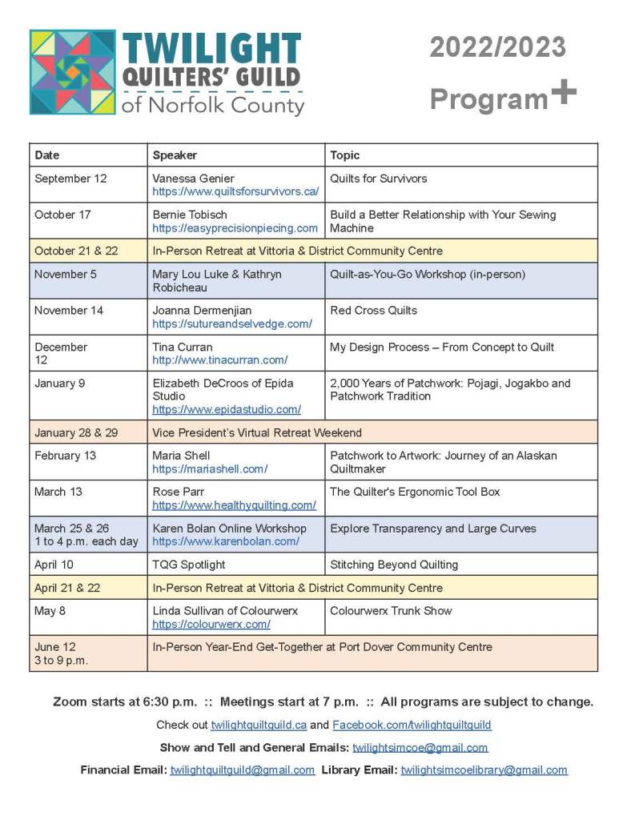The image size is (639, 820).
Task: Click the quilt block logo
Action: tap(72, 72)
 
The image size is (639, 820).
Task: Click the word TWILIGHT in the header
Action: tap(211, 50)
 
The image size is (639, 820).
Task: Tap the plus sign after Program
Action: tap(564, 93)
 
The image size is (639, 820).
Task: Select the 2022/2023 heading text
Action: tap(497, 48)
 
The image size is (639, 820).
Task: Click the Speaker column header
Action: tap(175, 155)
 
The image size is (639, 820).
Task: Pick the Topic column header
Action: tap(345, 155)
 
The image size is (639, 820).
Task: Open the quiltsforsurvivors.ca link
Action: tap(235, 191)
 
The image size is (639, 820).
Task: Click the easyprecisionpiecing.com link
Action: tap(235, 228)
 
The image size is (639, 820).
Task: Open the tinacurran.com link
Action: tap(220, 360)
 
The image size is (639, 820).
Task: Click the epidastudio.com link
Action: tap(227, 409)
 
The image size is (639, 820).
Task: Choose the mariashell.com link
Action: tap(210, 469)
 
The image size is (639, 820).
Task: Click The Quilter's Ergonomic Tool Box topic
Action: tap(415, 492)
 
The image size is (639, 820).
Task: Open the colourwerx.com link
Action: tap(211, 624)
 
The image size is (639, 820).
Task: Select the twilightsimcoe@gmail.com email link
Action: tap(420, 748)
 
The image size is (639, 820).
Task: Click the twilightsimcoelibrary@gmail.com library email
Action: tap(484, 770)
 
